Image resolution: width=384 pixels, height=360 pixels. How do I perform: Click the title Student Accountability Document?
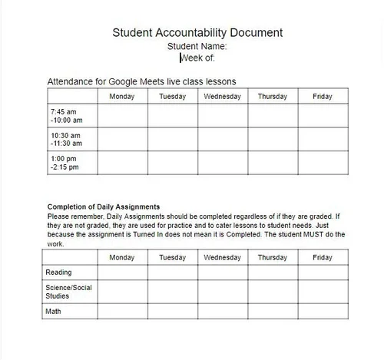197,32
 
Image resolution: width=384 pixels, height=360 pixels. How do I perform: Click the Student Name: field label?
197,46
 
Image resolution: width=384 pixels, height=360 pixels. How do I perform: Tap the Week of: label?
197,58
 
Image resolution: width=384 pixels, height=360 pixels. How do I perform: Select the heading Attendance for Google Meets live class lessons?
141,81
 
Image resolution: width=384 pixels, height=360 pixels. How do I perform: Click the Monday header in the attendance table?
122,97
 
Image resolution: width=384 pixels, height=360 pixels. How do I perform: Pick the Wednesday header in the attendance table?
223,97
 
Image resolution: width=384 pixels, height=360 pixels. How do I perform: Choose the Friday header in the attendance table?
323,97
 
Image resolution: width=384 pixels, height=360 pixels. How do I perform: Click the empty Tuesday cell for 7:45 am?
173,116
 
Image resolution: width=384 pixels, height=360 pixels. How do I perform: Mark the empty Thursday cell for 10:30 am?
273,139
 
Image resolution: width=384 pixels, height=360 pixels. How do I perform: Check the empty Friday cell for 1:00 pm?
323,163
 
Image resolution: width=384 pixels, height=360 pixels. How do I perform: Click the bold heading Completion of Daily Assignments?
104,206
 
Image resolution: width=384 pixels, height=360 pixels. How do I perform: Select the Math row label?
54,312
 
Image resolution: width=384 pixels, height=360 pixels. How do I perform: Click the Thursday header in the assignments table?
273,258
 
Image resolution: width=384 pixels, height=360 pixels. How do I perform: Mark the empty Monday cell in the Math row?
122,312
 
